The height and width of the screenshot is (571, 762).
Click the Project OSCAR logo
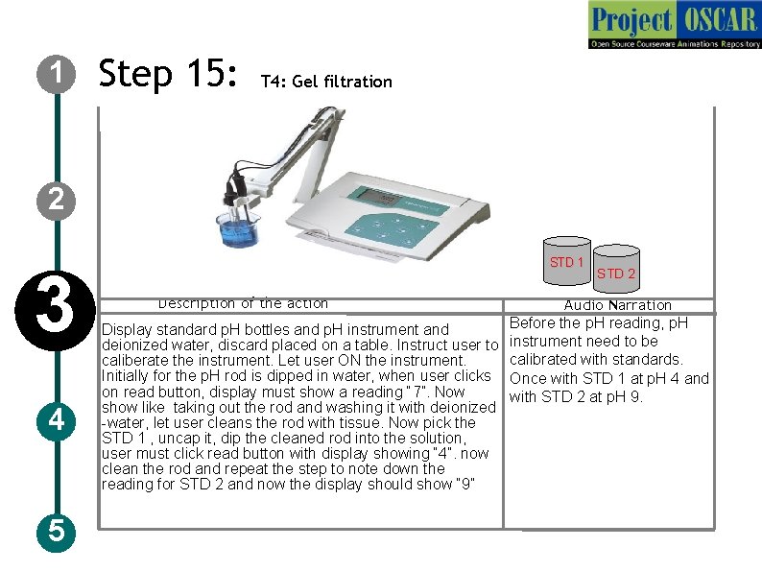[x=674, y=25]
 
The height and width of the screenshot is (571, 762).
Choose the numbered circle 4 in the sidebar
[x=57, y=420]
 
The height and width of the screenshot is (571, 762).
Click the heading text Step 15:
[x=168, y=74]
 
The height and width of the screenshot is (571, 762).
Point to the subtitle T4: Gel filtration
[x=326, y=82]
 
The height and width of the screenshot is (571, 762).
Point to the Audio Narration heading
[x=617, y=305]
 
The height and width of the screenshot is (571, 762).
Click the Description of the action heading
[x=243, y=303]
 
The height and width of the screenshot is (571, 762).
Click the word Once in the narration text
[x=528, y=378]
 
